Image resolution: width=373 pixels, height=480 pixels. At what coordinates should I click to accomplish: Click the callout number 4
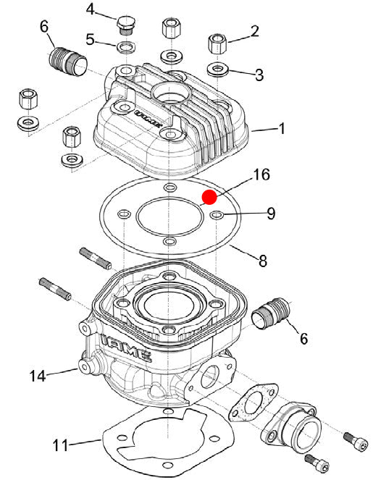[x=91, y=9]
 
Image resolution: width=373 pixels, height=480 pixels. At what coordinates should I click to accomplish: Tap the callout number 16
[x=261, y=174]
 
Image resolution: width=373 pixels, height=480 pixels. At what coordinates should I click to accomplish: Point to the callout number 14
[x=38, y=376]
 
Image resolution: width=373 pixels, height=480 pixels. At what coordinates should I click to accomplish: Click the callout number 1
[x=282, y=128]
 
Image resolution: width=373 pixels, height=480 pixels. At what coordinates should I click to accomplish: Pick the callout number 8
[x=263, y=261]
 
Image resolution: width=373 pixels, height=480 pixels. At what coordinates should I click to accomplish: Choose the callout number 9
[x=271, y=214]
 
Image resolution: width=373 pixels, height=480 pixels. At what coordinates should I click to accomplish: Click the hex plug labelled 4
[x=125, y=25]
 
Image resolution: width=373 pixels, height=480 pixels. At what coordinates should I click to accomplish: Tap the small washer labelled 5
[x=127, y=47]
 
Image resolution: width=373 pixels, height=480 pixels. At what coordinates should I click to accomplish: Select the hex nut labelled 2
[x=217, y=43]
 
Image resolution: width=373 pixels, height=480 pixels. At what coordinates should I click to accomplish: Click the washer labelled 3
[x=218, y=70]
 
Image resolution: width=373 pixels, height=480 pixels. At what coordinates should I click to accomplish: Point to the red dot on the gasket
[x=209, y=197]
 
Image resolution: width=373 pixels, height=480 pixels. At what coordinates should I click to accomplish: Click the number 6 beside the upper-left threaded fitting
[x=44, y=27]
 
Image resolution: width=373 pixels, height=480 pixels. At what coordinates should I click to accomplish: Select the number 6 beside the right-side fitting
[x=303, y=339]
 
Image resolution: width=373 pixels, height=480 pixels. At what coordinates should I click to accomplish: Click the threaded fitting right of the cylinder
[x=270, y=313]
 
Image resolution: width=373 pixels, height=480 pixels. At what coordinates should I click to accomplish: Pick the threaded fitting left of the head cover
[x=68, y=61]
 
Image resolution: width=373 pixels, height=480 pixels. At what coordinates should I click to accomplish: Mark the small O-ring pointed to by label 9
[x=217, y=215]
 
